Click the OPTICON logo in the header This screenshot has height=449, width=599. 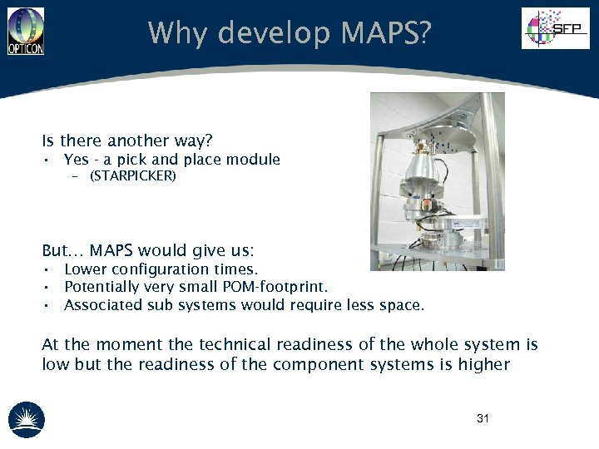pyautogui.click(x=26, y=32)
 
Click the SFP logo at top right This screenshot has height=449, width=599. pyautogui.click(x=555, y=28)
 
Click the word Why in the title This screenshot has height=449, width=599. pyautogui.click(x=176, y=33)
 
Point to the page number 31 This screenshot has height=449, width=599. pyautogui.click(x=483, y=418)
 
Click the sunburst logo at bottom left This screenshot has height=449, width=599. pyautogui.click(x=27, y=419)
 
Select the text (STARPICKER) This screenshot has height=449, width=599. pyautogui.click(x=132, y=176)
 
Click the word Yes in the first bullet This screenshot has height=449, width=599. pyautogui.click(x=76, y=160)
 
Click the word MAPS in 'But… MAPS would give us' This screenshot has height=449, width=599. pyautogui.click(x=111, y=250)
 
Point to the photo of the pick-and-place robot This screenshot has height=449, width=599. pyautogui.click(x=437, y=181)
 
